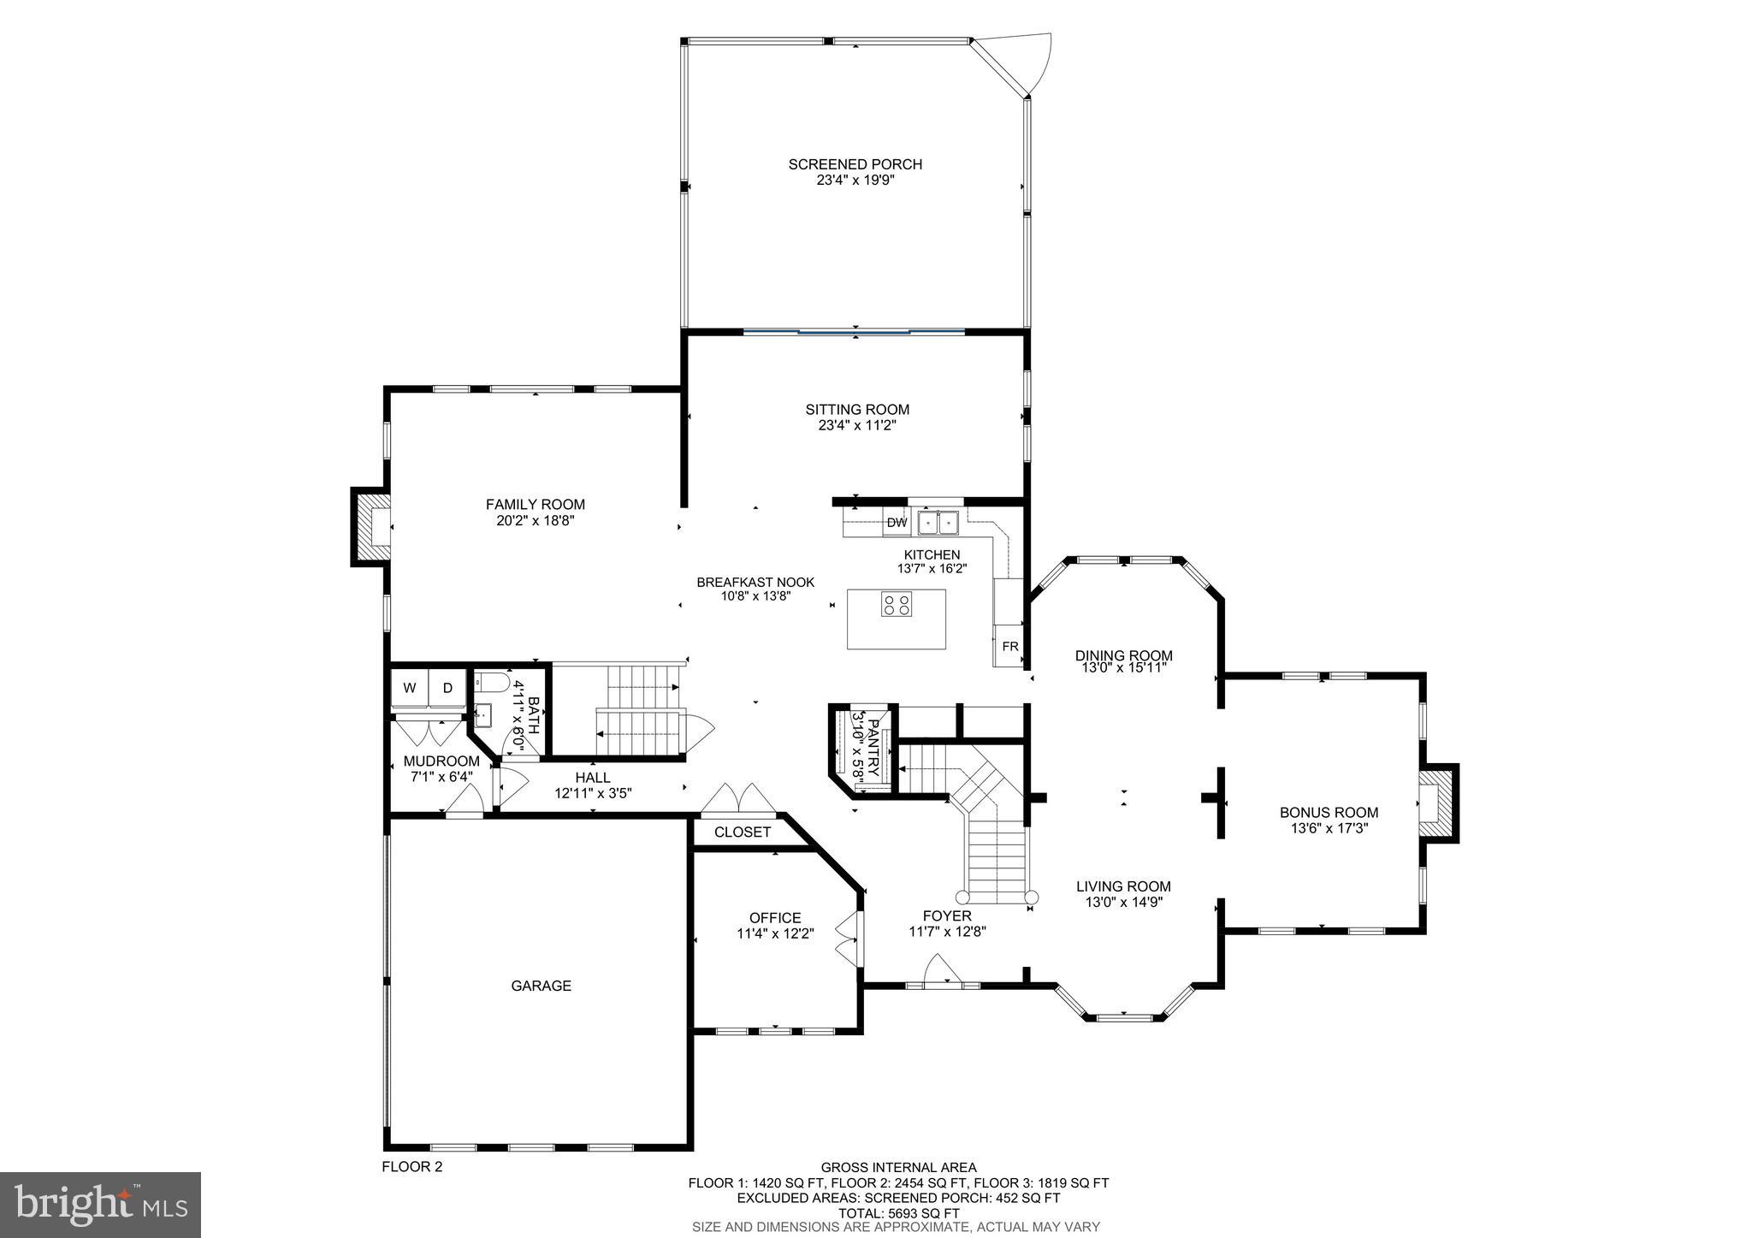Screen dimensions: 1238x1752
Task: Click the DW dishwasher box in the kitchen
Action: (896, 523)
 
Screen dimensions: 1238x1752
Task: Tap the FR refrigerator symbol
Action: (1010, 647)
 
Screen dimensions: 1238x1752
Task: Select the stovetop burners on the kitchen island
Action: (897, 605)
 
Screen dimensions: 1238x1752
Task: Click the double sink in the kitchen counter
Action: (938, 521)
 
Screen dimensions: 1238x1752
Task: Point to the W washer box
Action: (410, 688)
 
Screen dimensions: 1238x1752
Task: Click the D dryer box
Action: (447, 688)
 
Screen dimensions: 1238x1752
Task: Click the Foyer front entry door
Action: (942, 974)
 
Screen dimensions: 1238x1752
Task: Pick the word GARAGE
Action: (541, 986)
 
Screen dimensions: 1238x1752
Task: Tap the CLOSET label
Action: (742, 832)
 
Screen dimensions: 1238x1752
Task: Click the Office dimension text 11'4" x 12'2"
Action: (775, 933)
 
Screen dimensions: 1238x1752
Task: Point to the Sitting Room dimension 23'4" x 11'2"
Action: (856, 424)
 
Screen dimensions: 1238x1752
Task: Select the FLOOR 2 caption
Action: (411, 1166)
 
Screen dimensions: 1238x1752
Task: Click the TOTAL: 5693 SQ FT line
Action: (898, 1212)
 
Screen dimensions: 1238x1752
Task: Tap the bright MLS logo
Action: (101, 1205)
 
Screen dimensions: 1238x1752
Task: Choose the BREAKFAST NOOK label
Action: (755, 582)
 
